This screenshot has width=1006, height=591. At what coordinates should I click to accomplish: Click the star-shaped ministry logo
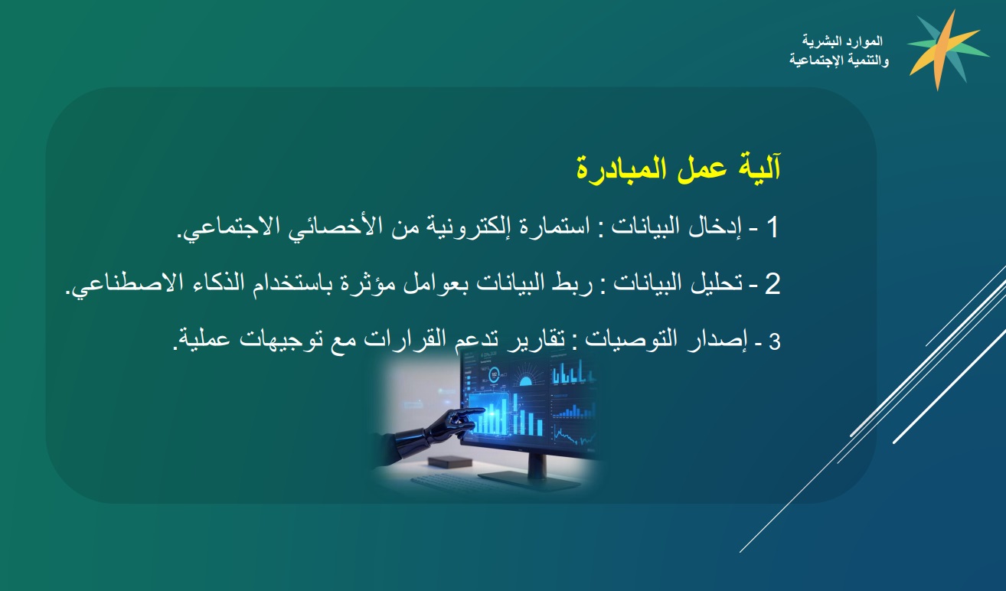pos(947,51)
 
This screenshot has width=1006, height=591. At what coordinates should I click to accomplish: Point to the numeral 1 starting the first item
pos(772,227)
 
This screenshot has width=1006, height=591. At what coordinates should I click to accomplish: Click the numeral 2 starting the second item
pos(772,283)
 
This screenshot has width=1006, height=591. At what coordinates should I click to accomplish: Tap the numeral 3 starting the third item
pos(775,341)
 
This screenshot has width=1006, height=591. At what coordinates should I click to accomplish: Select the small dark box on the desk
pos(449,462)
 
